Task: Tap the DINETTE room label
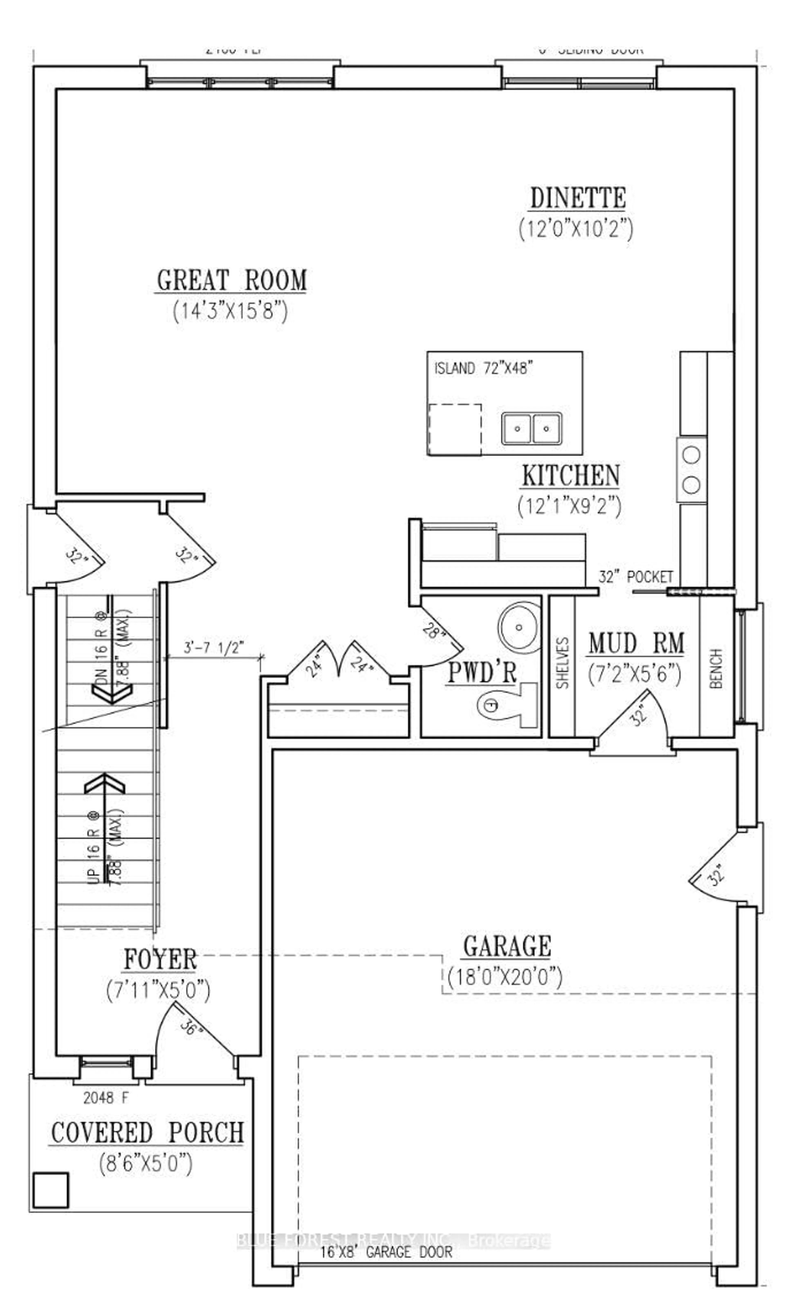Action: (x=578, y=198)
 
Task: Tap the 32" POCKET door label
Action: (x=635, y=576)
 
